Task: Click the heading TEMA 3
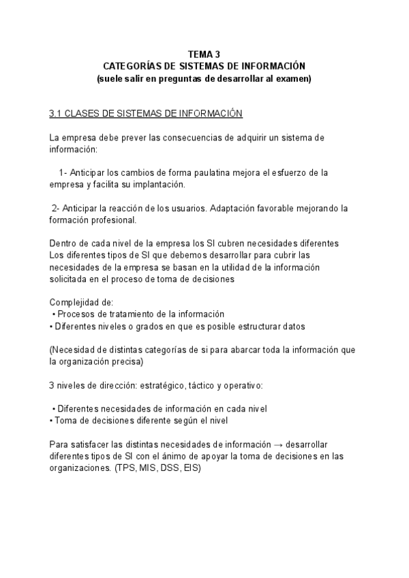tap(204, 54)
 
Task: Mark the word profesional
tap(112, 219)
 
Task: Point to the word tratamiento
tap(124, 314)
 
